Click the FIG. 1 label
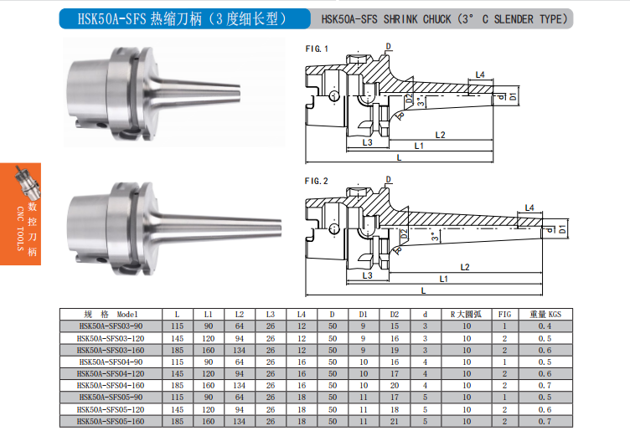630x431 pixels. coord(317,49)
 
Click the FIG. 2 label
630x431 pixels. coord(316,182)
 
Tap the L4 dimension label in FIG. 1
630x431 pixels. coord(480,74)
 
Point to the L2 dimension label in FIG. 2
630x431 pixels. coord(465,267)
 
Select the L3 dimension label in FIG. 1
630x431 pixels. coord(367,142)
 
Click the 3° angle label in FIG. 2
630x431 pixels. coord(434,237)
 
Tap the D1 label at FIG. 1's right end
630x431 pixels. coord(513,97)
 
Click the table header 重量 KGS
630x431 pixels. coord(545,314)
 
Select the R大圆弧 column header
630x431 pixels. coord(466,314)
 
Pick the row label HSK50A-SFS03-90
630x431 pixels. coord(111,326)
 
